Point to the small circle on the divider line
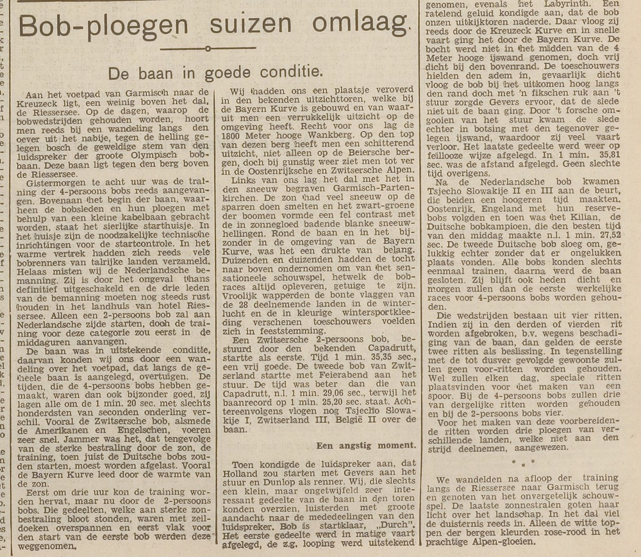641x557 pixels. point(207,49)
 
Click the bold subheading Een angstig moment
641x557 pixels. point(366,444)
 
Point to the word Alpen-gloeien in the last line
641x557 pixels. point(498,541)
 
